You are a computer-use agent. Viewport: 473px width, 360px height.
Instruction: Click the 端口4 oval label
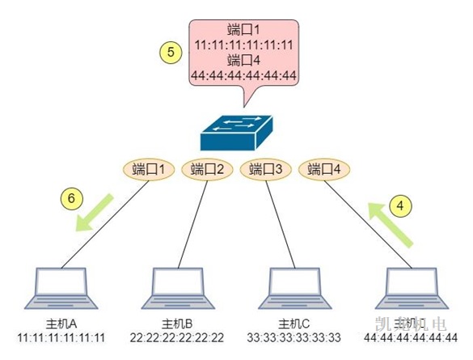pyautogui.click(x=326, y=170)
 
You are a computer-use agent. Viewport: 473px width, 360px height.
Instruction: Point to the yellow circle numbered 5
pyautogui.click(x=170, y=53)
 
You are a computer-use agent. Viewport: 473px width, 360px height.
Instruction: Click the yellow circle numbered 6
pyautogui.click(x=71, y=197)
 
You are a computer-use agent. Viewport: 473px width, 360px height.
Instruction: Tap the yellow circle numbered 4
pyautogui.click(x=399, y=205)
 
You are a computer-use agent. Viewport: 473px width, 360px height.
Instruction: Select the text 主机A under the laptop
pyautogui.click(x=61, y=324)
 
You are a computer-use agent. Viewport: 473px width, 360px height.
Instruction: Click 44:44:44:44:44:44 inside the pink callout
pyautogui.click(x=243, y=77)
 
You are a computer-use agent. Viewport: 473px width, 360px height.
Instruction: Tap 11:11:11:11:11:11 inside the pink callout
pyautogui.click(x=243, y=44)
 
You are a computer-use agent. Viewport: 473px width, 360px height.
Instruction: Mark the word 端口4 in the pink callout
pyautogui.click(x=243, y=61)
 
